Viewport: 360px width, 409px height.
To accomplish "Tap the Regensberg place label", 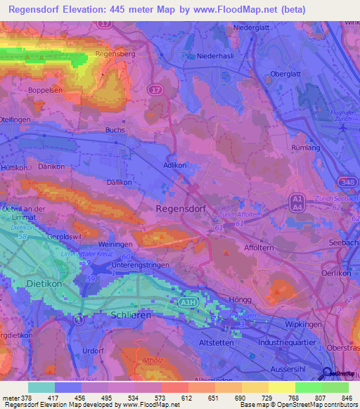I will coord(114,53).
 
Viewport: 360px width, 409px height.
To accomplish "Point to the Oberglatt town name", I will coord(287,74).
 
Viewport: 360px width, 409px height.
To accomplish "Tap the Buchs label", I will coord(115,130).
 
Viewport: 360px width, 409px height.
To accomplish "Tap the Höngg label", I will coord(240,299).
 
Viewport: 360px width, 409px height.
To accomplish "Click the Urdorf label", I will coord(93,350).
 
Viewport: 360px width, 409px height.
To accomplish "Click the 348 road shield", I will coord(345,183).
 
